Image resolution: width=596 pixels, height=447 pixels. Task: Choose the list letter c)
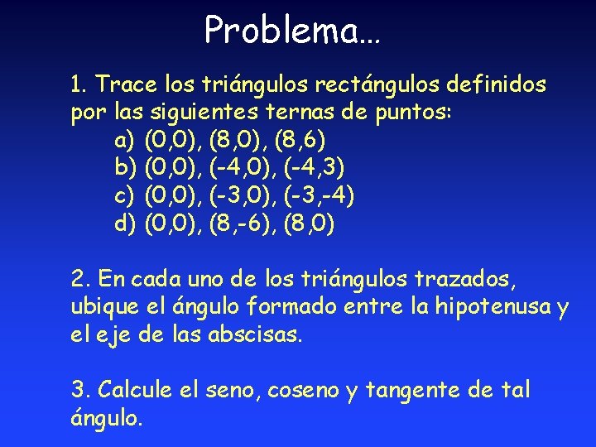(x=125, y=197)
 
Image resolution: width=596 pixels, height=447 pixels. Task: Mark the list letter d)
(x=125, y=225)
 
